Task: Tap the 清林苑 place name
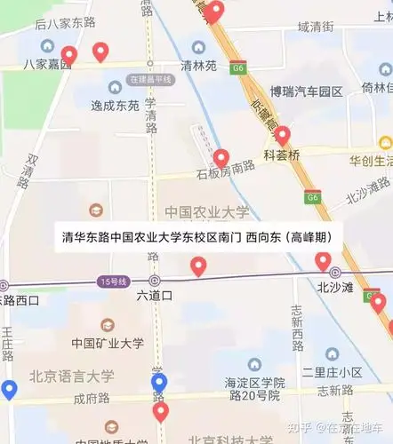[198, 65]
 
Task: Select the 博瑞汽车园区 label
[306, 91]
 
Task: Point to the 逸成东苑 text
[115, 106]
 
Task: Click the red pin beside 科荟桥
[283, 136]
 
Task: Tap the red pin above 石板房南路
[221, 158]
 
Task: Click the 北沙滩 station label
[336, 287]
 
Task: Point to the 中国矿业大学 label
[108, 344]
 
